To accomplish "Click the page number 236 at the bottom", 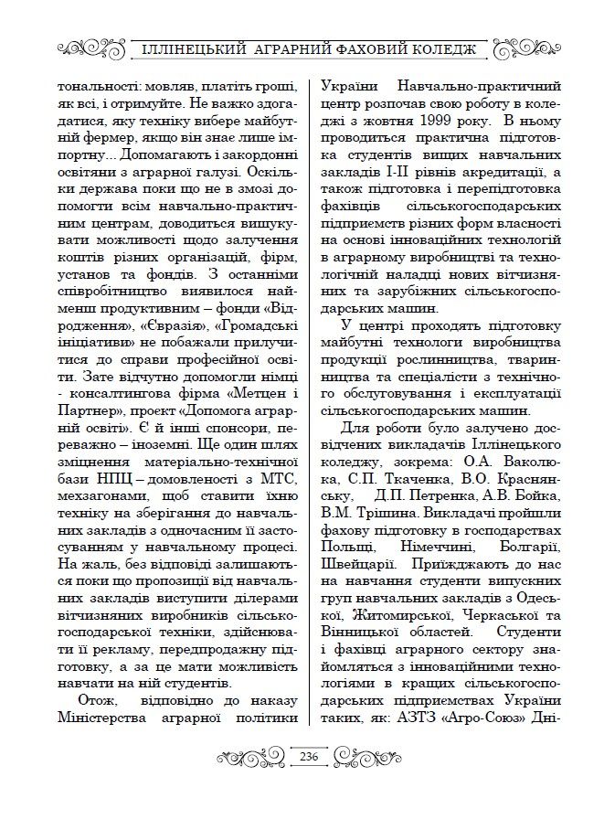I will coord(308,756).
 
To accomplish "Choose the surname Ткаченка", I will coord(387,477).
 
